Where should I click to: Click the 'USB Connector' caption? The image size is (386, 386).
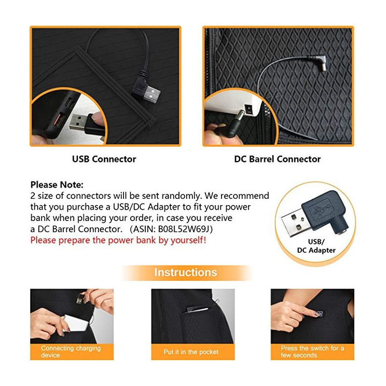(x=104, y=159)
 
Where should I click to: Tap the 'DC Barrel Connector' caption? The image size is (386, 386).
(x=277, y=159)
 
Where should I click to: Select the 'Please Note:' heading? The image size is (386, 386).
(x=57, y=185)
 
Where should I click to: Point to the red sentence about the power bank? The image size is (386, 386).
(x=118, y=240)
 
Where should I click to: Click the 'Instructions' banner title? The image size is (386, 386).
(x=186, y=273)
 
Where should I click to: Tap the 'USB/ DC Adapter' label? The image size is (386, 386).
(x=317, y=246)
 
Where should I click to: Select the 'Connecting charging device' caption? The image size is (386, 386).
(x=71, y=352)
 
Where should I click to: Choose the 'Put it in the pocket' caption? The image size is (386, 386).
(x=191, y=352)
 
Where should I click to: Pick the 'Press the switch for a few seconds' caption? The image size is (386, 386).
(x=312, y=352)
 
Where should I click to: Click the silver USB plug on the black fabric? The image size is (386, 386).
(x=151, y=94)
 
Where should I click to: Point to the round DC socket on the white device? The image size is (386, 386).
(x=248, y=109)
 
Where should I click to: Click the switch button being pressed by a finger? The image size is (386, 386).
(x=319, y=314)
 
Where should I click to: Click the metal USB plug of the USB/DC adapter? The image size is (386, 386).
(x=294, y=222)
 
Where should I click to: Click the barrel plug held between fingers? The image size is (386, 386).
(x=232, y=125)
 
